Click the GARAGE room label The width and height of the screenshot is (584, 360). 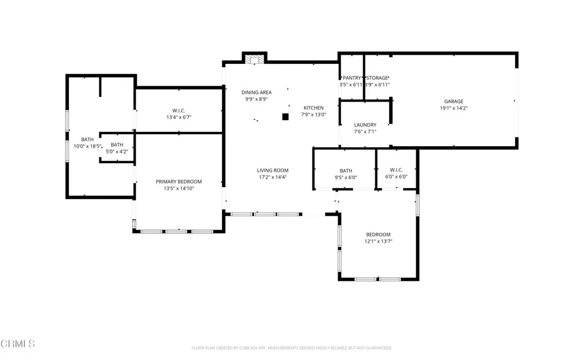coord(454,102)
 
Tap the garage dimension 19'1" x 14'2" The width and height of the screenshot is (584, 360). coord(454,108)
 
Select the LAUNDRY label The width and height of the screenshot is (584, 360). coord(365,125)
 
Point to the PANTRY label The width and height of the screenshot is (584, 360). coord(351,78)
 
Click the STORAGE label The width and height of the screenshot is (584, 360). coord(377,78)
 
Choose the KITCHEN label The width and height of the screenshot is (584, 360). coord(313,108)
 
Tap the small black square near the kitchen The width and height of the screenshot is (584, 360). coord(286,117)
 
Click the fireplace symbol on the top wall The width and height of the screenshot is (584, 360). coord(254,58)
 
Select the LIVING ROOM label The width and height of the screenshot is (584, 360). coord(273,171)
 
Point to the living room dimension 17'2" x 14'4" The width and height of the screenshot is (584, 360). coord(273,177)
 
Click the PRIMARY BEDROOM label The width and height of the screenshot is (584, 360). coord(179,182)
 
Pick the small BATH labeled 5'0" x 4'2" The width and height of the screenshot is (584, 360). coord(117,145)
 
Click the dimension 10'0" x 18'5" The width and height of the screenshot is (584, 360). coord(88,147)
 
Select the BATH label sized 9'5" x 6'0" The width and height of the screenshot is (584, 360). coord(346,171)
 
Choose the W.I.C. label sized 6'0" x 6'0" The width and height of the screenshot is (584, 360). coord(396,170)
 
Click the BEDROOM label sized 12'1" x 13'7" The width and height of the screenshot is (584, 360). coord(378,235)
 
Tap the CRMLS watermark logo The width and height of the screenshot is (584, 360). coord(18,343)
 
